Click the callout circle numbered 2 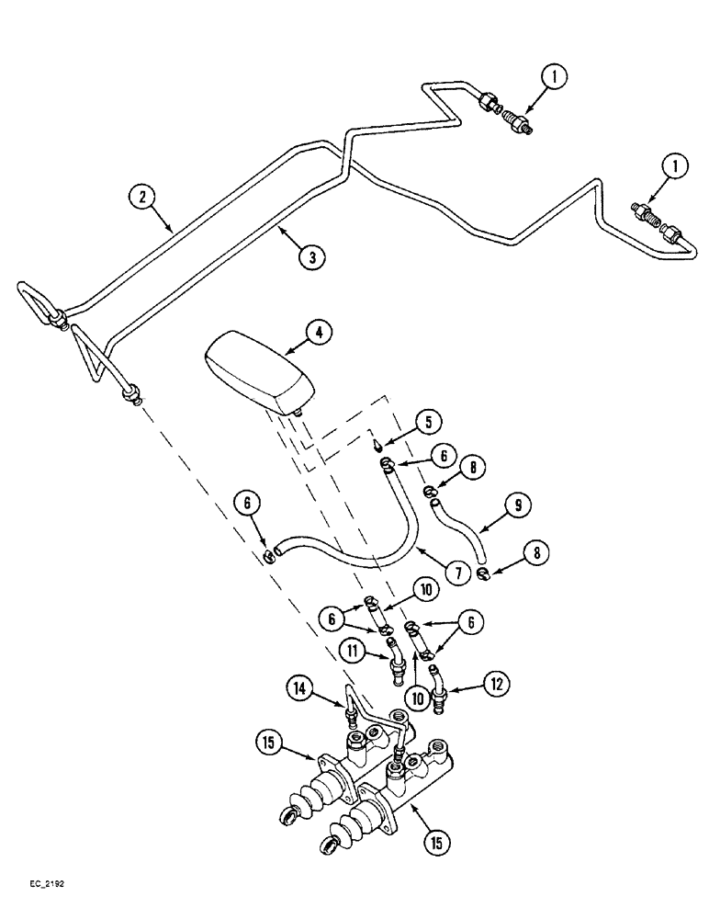click(x=141, y=196)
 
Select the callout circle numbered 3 click(x=312, y=257)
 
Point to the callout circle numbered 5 click(x=427, y=422)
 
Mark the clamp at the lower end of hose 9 click(x=483, y=574)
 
